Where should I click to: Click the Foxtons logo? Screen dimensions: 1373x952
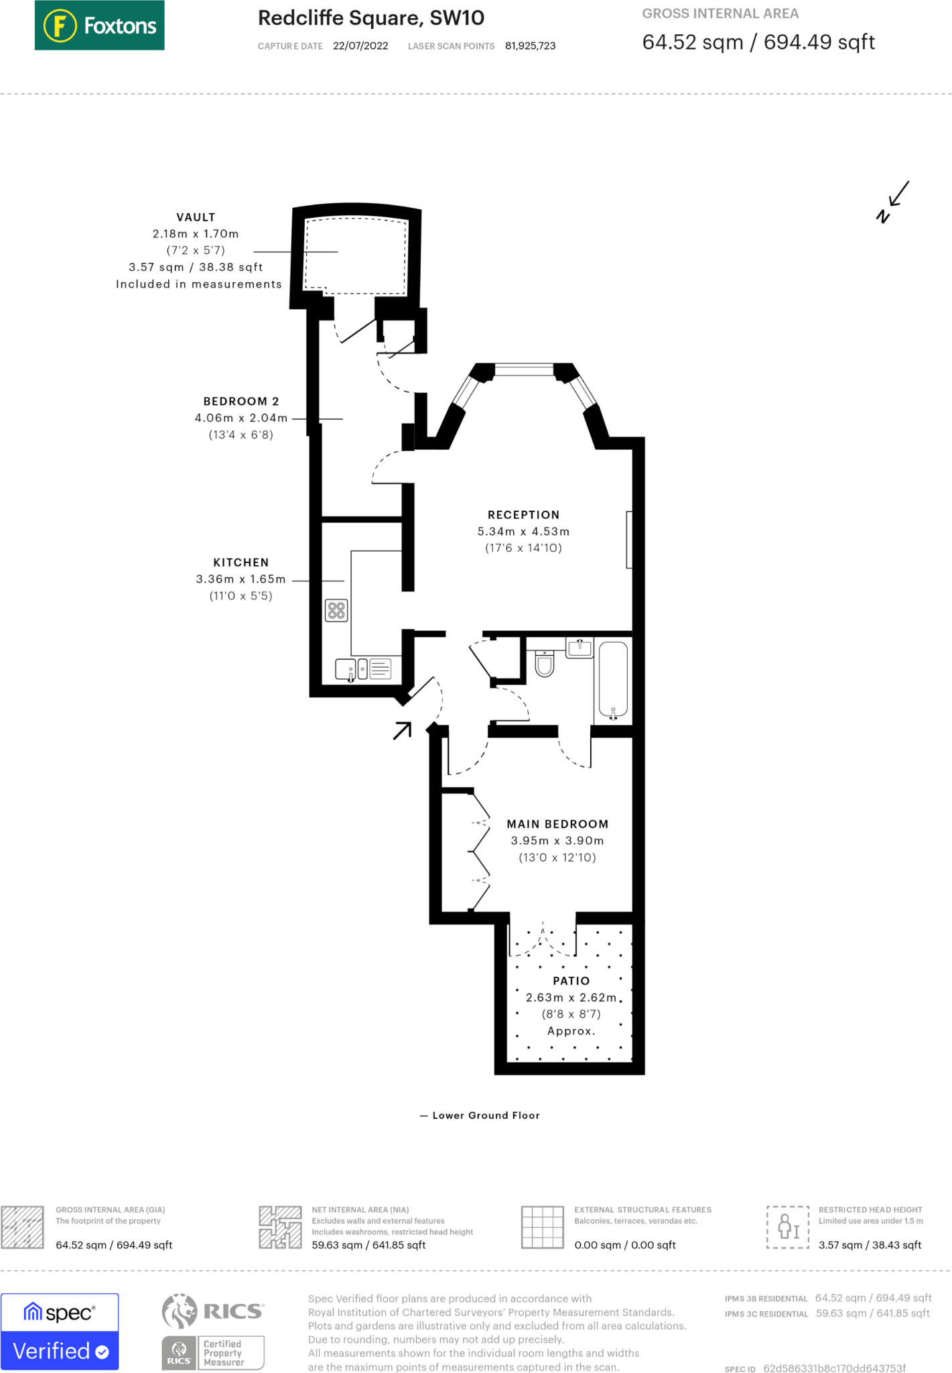pyautogui.click(x=99, y=25)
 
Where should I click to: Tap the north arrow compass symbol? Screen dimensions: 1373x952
pyautogui.click(x=892, y=202)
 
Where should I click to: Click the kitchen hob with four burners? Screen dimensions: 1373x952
pyautogui.click(x=336, y=610)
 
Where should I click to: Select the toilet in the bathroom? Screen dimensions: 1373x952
pyautogui.click(x=545, y=664)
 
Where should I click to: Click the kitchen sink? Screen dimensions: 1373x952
pyautogui.click(x=346, y=669)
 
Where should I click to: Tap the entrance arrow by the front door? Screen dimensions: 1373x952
pyautogui.click(x=402, y=730)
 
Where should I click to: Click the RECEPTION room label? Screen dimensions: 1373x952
pyautogui.click(x=523, y=515)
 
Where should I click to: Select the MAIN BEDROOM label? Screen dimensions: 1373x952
pyautogui.click(x=557, y=824)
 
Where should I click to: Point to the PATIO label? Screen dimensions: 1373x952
pyautogui.click(x=571, y=981)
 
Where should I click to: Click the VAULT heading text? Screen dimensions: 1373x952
pyautogui.click(x=196, y=217)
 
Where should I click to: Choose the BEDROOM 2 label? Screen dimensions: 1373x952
pyautogui.click(x=241, y=402)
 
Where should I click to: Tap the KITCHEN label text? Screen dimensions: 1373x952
pyautogui.click(x=241, y=562)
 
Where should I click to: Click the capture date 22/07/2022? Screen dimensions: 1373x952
pyautogui.click(x=360, y=46)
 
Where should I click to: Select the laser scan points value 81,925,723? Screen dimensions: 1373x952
pyautogui.click(x=530, y=46)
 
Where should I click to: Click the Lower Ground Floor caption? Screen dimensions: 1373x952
pyautogui.click(x=486, y=1116)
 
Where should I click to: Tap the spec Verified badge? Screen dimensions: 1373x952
pyautogui.click(x=60, y=1331)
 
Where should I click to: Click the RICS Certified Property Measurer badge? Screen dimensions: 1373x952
pyautogui.click(x=213, y=1331)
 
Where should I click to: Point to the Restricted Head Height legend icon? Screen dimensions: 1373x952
pyautogui.click(x=787, y=1227)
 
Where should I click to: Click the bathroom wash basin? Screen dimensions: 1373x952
pyautogui.click(x=580, y=648)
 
